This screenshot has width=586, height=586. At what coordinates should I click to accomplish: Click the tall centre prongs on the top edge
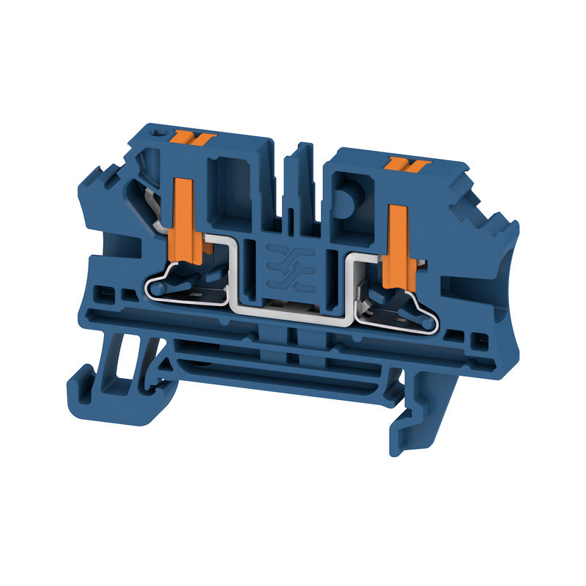pyautogui.click(x=298, y=176)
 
